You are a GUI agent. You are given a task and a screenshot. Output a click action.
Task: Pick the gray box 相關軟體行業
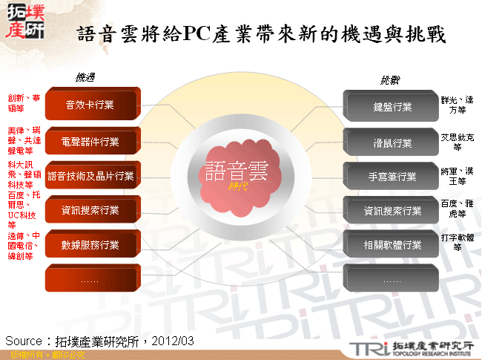391,245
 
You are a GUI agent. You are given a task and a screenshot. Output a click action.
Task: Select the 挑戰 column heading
389,79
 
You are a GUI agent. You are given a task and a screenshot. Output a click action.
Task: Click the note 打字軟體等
457,242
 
